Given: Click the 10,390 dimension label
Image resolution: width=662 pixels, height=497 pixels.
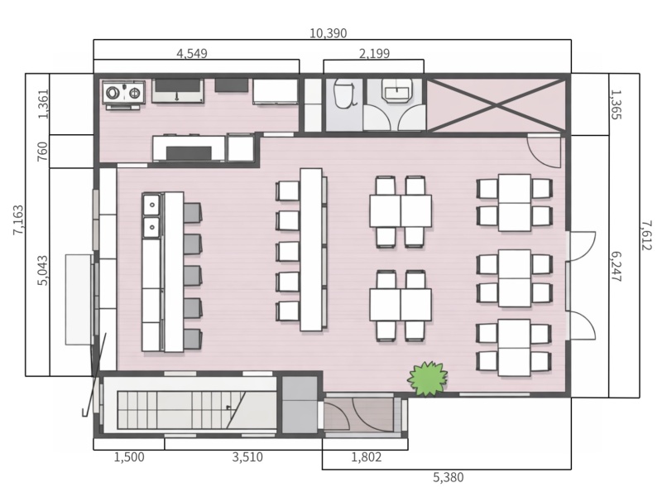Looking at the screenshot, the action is [x=328, y=33].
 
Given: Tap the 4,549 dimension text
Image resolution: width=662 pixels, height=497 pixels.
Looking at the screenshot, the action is [x=192, y=54].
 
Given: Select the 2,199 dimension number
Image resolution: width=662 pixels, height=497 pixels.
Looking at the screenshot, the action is [x=374, y=54].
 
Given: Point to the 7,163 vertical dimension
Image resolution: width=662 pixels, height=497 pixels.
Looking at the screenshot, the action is [x=18, y=220].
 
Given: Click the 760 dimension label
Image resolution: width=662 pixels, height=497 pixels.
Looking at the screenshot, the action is [x=43, y=152].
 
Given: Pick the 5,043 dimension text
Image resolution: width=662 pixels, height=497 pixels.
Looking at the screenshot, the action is [x=43, y=271].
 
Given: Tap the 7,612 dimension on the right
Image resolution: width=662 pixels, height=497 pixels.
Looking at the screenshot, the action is [x=646, y=235].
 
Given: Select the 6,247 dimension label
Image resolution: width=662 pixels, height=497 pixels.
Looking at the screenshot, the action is [x=616, y=267].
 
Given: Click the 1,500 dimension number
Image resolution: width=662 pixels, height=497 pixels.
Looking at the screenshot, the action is [x=129, y=457].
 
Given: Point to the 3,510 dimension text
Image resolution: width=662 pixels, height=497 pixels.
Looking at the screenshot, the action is [x=247, y=457].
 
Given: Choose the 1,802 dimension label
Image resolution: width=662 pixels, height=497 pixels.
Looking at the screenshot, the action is [x=367, y=457].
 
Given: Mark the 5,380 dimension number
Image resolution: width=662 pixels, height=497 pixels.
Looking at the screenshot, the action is [x=449, y=478].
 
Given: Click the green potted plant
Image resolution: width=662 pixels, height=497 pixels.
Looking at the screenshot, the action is [x=428, y=379].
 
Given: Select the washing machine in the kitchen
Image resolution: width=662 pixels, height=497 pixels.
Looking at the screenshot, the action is [x=123, y=93].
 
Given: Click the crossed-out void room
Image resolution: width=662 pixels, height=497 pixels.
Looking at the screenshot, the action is [x=496, y=105].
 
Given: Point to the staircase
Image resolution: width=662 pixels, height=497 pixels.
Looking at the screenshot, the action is [x=180, y=409].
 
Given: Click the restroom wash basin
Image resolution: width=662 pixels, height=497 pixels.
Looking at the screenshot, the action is [x=396, y=90].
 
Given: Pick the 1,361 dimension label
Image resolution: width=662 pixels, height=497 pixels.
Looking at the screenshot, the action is [x=43, y=104].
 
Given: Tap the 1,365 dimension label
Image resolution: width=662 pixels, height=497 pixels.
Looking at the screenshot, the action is [x=616, y=104].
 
